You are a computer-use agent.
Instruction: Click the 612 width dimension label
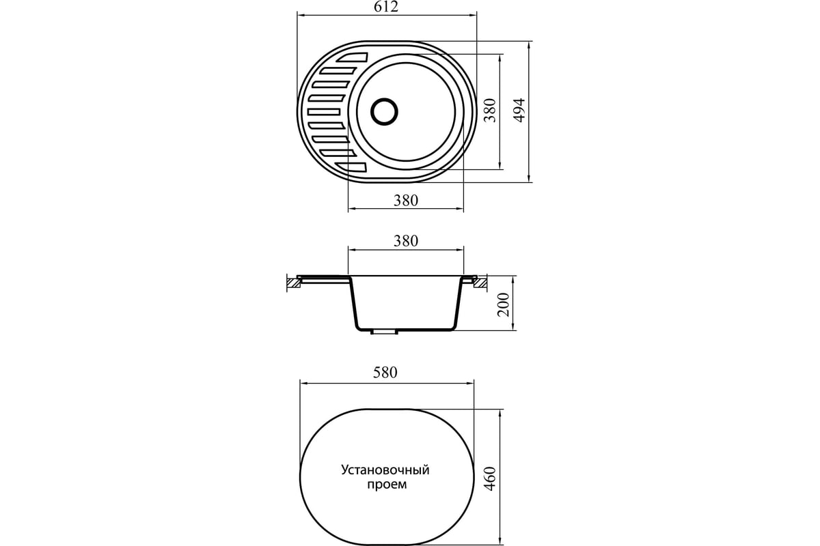386,7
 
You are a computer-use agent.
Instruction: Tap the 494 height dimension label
519,110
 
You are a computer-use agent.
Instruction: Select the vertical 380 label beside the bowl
489,110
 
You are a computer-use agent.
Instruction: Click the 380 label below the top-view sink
406,201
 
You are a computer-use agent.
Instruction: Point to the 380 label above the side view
406,241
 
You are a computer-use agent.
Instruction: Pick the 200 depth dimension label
504,304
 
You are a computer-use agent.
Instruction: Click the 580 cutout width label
385,372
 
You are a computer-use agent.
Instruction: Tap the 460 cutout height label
489,478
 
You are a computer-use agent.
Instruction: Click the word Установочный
385,470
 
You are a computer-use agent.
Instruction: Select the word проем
387,485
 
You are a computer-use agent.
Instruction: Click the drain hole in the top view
384,111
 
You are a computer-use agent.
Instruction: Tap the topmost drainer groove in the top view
352,57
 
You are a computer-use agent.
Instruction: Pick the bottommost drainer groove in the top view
351,167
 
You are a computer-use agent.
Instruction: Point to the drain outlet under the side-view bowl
384,332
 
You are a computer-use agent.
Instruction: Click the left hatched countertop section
294,283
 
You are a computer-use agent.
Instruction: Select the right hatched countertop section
480,283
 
